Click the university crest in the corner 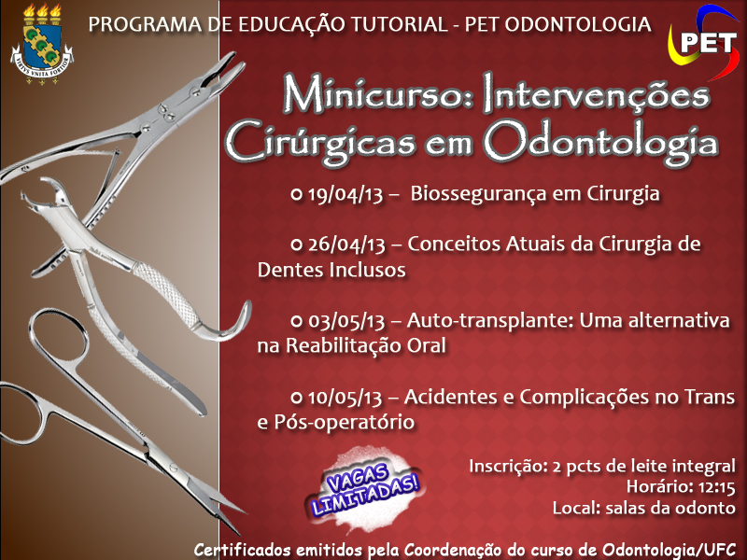42,44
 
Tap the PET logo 703,42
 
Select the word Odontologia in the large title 600,143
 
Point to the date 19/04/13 345,194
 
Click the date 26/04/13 345,245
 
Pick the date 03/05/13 345,321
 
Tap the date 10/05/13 345,398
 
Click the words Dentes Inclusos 331,270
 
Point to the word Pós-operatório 344,423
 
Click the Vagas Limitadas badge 365,488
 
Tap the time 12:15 716,487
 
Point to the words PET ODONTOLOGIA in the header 557,25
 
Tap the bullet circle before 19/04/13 296,194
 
